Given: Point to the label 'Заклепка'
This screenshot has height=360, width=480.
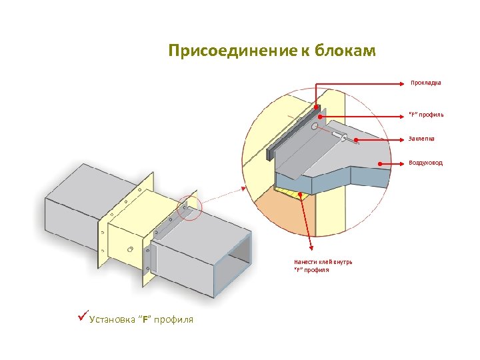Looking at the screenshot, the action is pyautogui.click(x=422, y=139).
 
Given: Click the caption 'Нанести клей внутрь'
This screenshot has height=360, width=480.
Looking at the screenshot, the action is pyautogui.click(x=323, y=262).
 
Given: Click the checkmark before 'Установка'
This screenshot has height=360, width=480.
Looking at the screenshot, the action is pyautogui.click(x=83, y=317).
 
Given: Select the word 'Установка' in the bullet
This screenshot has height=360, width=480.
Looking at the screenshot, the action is pyautogui.click(x=112, y=320).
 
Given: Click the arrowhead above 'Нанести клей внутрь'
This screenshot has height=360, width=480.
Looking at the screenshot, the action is pyautogui.click(x=302, y=195).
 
